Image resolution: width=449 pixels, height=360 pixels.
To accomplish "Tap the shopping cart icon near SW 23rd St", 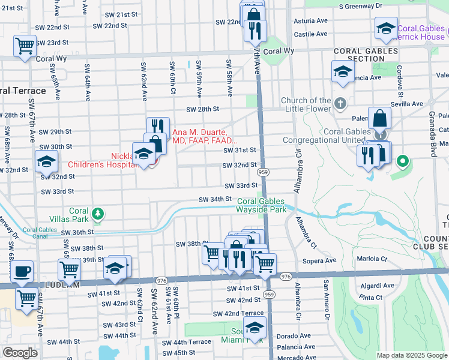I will (x=25, y=45).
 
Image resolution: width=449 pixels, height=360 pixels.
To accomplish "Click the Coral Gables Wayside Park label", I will (x=262, y=206).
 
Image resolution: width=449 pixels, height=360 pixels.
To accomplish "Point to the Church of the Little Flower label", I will (x=309, y=104).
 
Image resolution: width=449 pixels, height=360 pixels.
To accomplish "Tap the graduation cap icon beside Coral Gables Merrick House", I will (x=385, y=28).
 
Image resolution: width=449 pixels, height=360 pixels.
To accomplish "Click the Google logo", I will (x=20, y=353).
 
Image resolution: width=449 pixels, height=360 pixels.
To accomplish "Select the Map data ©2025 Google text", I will (x=411, y=355).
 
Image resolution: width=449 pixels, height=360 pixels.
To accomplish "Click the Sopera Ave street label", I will (x=323, y=261).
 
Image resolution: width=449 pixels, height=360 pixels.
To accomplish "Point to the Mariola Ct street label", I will (x=373, y=259).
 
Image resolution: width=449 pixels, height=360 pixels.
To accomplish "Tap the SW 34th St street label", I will (x=216, y=199).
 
